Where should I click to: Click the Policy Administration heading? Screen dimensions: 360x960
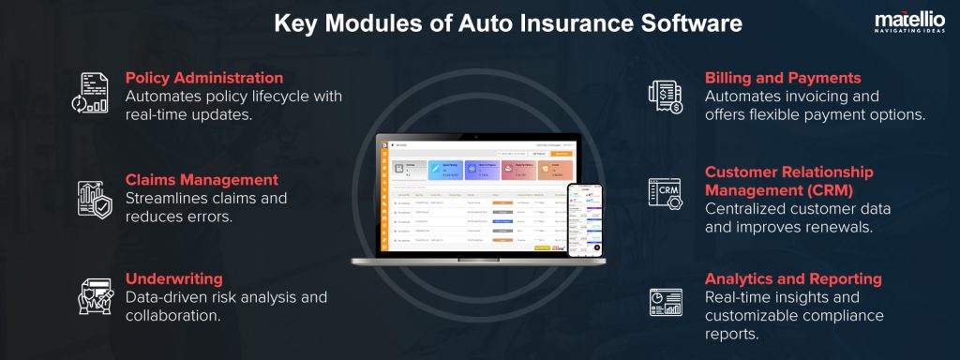pyautogui.click(x=203, y=78)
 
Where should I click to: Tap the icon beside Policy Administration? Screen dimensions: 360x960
pyautogui.click(x=91, y=93)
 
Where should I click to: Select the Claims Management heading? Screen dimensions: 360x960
pyautogui.click(x=202, y=179)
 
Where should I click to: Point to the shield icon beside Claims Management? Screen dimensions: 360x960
pyautogui.click(x=91, y=198)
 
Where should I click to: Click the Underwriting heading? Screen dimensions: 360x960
pyautogui.click(x=173, y=278)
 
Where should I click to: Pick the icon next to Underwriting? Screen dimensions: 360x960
pyautogui.click(x=91, y=297)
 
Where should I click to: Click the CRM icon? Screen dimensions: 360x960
pyautogui.click(x=666, y=192)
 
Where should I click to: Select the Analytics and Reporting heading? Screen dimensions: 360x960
pyautogui.click(x=793, y=278)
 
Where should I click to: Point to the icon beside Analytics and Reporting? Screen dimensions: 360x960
pyautogui.click(x=666, y=301)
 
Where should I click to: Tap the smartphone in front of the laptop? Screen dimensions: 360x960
pyautogui.click(x=583, y=219)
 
